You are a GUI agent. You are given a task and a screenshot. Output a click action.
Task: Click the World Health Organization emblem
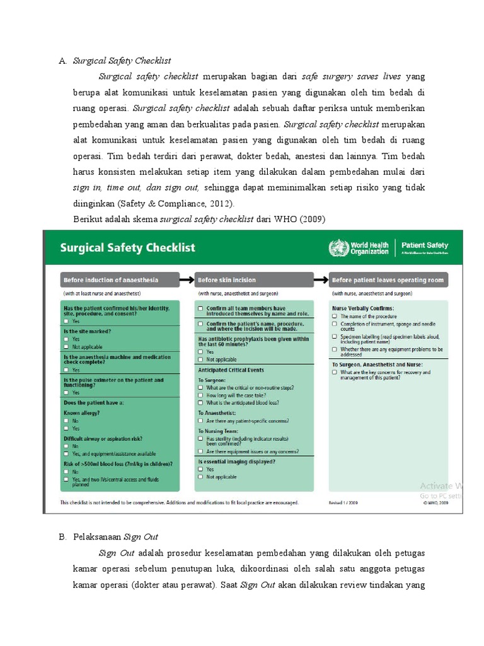(x=337, y=248)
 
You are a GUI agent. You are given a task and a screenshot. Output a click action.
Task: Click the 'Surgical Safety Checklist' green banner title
(x=127, y=248)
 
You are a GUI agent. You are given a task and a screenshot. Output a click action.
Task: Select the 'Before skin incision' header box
(x=227, y=279)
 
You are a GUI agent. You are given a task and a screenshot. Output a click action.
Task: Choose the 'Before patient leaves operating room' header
(x=388, y=279)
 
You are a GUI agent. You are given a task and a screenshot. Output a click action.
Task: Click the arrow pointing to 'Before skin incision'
(x=186, y=279)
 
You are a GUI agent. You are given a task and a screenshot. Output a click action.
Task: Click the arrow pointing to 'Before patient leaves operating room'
(x=321, y=279)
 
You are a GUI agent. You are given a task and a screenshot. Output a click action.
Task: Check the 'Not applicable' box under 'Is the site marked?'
(x=66, y=347)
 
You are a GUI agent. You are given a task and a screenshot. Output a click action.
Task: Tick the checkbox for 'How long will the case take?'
(x=200, y=395)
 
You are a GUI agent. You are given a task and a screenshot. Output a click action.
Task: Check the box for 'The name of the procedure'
(x=335, y=316)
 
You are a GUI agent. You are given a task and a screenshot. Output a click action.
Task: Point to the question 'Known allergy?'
(x=82, y=413)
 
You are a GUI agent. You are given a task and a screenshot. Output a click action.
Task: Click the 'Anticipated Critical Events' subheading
(x=231, y=370)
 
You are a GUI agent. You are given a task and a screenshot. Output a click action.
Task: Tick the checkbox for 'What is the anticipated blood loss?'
(x=200, y=402)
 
